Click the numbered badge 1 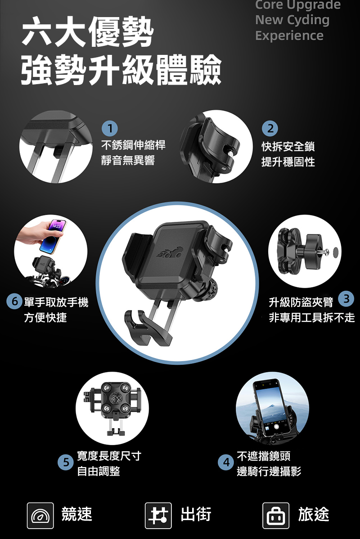click(x=110, y=129)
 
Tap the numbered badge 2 click(x=270, y=129)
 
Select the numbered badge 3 click(x=346, y=299)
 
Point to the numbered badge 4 click(x=226, y=463)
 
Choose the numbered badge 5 click(x=66, y=463)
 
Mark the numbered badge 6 click(x=14, y=301)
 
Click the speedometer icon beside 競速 click(x=40, y=515)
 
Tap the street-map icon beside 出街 click(x=158, y=515)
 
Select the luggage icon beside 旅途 click(x=276, y=515)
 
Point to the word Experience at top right click(x=289, y=36)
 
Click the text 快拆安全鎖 click(x=288, y=146)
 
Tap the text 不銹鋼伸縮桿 click(x=133, y=145)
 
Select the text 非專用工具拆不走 click(x=311, y=317)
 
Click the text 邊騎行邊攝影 click(x=269, y=471)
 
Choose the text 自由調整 click(x=99, y=471)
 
